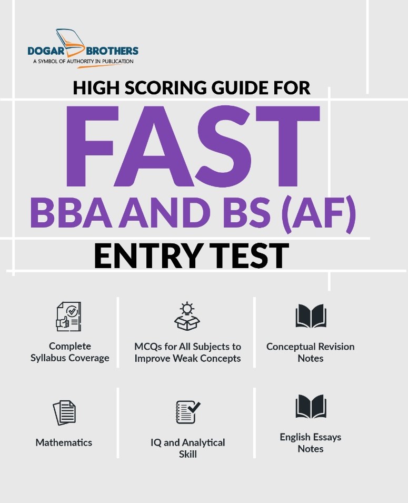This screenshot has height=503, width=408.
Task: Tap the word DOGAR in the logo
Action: [48, 51]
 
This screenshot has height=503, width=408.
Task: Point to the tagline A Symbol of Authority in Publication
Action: [83, 62]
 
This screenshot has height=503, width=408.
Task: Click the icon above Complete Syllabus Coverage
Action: [68, 317]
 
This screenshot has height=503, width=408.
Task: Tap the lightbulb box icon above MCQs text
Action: [187, 317]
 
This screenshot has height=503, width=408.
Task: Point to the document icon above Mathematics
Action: [64, 412]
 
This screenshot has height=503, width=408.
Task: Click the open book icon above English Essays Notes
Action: [311, 407]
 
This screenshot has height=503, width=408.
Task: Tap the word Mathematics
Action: [64, 442]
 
